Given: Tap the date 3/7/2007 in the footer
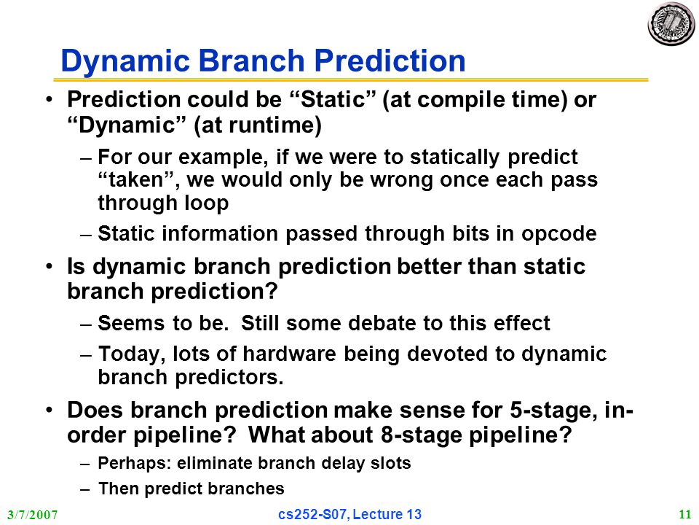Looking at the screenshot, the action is [x=33, y=516].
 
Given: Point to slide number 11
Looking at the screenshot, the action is [x=684, y=514].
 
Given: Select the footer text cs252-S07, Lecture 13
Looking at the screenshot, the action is [x=349, y=514].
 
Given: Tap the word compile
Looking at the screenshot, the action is [x=458, y=100].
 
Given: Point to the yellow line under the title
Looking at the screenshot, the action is [x=351, y=80].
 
